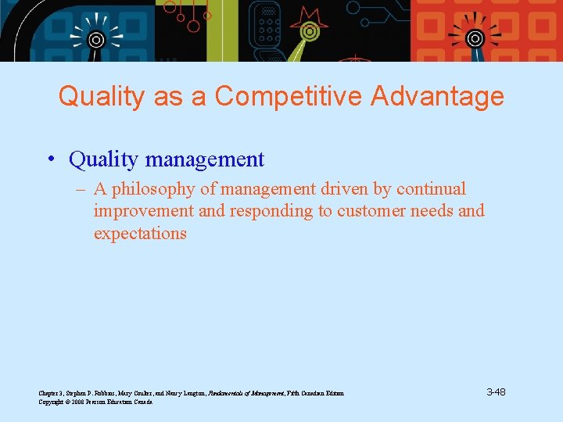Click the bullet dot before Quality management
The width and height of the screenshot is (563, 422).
point(50,160)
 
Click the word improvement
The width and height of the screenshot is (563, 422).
point(143,211)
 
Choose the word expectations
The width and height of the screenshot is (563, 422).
point(140,234)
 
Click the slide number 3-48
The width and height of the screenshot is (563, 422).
point(496,392)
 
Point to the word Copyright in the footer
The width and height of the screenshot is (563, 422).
point(54,402)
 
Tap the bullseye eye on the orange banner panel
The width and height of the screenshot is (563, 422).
point(475,38)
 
